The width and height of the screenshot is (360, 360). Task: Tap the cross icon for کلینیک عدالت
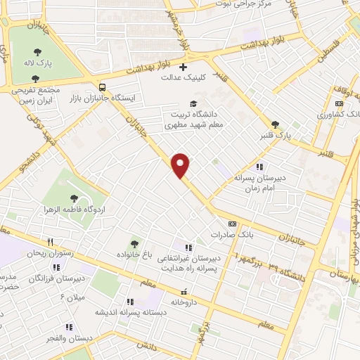click(x=183, y=67)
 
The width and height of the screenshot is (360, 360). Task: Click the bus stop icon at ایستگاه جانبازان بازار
click(x=103, y=88)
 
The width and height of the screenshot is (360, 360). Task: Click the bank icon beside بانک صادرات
click(x=232, y=224)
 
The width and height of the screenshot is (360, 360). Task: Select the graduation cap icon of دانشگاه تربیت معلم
click(x=183, y=103)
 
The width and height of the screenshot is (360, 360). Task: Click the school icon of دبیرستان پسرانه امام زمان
click(x=259, y=167)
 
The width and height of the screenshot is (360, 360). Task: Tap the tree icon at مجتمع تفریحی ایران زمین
click(x=35, y=79)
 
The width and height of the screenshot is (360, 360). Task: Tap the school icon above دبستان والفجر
click(x=69, y=327)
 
